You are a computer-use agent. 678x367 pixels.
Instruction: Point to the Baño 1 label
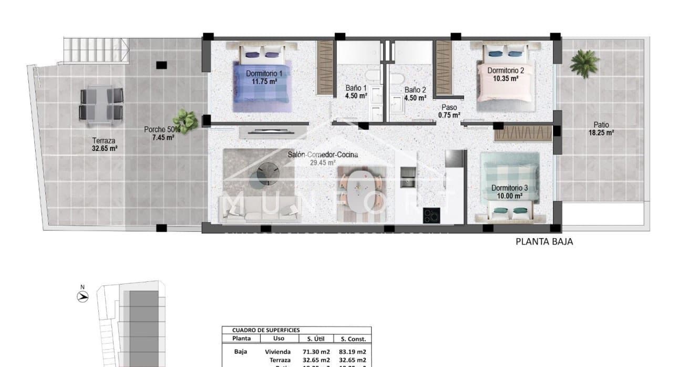(356, 88)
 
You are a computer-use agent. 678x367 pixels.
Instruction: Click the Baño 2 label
(415, 90)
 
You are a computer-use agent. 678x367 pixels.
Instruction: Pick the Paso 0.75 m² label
(449, 111)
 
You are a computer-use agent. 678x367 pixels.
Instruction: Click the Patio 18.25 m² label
(601, 129)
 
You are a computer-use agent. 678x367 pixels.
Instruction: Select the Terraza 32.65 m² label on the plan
(104, 144)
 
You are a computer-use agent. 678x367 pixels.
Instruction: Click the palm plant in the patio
(584, 62)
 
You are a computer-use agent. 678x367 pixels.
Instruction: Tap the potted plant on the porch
(186, 120)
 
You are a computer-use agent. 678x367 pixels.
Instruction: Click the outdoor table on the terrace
(101, 104)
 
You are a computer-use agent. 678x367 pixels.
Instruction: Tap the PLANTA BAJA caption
(544, 242)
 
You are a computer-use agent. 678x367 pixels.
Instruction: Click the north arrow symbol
(82, 295)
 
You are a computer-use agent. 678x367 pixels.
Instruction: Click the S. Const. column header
(353, 339)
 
